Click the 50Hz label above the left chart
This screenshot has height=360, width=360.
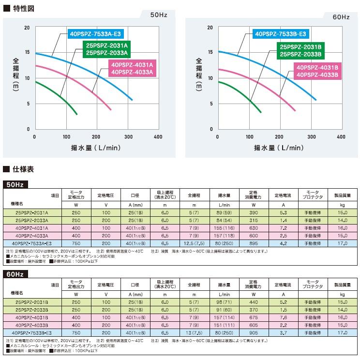[x=158, y=16]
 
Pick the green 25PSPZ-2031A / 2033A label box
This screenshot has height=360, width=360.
[x=106, y=49]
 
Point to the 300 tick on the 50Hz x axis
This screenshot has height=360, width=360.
[x=128, y=137]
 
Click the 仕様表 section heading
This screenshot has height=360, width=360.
[x=21, y=169]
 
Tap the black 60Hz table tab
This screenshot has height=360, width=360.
[x=16, y=274]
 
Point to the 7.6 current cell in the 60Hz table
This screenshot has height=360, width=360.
[x=284, y=318]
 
